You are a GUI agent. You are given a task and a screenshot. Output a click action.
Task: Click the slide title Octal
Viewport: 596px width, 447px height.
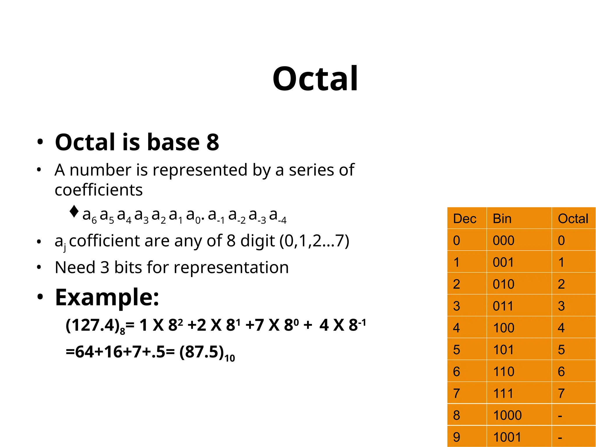click(x=315, y=79)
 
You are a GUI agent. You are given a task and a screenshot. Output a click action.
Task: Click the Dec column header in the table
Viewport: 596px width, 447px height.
click(x=464, y=219)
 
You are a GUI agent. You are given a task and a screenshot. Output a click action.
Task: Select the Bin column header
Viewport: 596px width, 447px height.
click(x=502, y=219)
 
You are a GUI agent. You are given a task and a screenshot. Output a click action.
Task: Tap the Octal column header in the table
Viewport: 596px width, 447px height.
click(x=573, y=219)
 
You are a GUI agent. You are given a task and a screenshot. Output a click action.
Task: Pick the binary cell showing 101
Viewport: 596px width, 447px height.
click(x=503, y=350)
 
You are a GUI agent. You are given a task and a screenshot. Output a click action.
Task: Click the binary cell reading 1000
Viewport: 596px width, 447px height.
click(x=507, y=415)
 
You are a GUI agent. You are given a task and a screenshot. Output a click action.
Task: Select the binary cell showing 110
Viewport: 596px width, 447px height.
click(x=503, y=371)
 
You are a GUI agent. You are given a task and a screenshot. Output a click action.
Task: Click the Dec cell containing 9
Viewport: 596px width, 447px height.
click(x=457, y=437)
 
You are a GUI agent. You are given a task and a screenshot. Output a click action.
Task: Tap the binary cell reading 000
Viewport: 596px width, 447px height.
click(x=503, y=240)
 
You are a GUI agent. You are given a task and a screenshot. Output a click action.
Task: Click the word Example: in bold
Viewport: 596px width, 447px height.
click(x=107, y=297)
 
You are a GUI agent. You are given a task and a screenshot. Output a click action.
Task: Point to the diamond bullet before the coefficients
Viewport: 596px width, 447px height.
click(x=74, y=212)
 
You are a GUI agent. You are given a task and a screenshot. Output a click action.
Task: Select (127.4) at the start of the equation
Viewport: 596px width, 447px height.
click(x=93, y=325)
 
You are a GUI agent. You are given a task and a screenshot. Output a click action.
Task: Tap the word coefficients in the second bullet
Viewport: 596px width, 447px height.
click(x=99, y=190)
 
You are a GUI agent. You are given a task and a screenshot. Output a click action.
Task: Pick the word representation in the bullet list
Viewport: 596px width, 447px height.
click(x=231, y=267)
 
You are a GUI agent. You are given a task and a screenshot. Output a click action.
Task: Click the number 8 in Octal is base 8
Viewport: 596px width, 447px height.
click(x=213, y=142)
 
